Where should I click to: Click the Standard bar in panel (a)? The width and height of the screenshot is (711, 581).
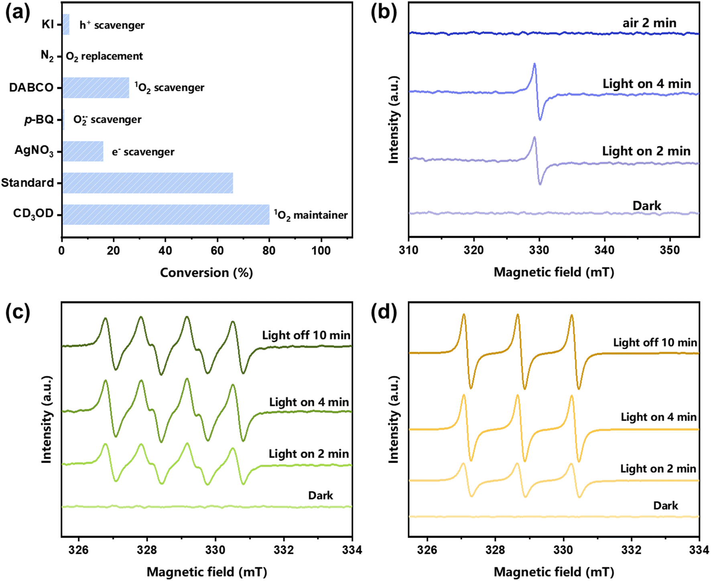coord(148,183)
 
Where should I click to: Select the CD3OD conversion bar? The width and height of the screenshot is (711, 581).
coord(166,215)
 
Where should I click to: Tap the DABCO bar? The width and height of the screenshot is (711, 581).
coord(96,87)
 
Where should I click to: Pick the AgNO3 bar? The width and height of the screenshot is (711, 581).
coord(83,151)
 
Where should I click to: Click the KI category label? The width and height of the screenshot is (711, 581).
coord(48,24)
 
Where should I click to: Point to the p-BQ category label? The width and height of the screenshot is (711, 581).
coord(39,120)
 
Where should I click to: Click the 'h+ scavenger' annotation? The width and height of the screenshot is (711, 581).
coord(112,25)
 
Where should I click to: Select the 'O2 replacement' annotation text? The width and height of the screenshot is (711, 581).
coord(104,57)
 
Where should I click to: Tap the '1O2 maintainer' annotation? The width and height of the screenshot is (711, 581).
coord(311,215)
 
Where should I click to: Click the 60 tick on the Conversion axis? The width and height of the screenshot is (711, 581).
coord(217,251)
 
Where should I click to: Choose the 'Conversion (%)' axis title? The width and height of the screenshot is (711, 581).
coord(206,273)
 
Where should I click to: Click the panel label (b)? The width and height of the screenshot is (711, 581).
coord(384,13)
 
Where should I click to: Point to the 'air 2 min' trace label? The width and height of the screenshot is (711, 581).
coord(649,23)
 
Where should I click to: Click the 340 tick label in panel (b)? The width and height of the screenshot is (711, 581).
coord(604,250)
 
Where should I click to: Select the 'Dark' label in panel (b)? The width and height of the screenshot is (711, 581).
coord(647,206)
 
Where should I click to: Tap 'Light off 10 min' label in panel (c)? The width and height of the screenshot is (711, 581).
coord(306,335)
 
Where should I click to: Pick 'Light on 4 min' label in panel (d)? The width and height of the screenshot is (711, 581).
coord(658,417)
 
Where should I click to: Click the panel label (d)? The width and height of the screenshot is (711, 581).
coord(384,312)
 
